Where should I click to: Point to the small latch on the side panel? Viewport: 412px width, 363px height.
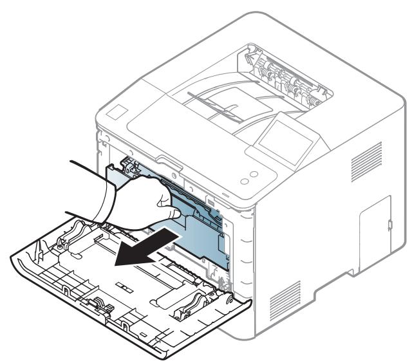point(391,225)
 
